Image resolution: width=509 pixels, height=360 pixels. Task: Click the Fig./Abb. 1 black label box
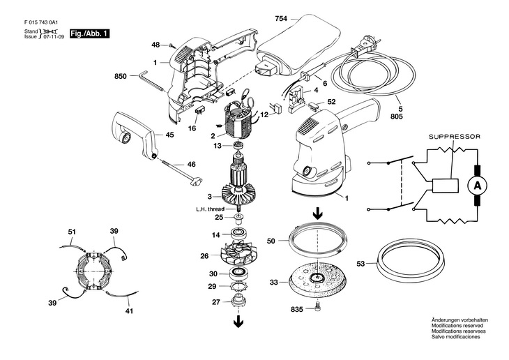[90, 33]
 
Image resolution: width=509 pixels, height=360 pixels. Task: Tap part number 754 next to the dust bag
[281, 19]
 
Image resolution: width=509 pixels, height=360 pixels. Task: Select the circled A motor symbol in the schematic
[477, 186]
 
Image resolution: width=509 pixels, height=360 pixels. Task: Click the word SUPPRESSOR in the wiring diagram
[455, 137]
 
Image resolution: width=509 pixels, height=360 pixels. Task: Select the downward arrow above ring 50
[317, 214]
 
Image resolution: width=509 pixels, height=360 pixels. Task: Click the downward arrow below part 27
[238, 321]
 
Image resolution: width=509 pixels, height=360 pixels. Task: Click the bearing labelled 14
[238, 234]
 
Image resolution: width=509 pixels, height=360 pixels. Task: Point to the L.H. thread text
[211, 209]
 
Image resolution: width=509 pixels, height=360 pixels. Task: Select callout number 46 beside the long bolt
[192, 165]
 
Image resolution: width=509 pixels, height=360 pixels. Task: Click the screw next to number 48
[170, 45]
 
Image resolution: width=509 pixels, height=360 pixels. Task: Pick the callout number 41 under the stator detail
[129, 311]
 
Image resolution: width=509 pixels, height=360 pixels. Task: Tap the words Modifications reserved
[457, 325]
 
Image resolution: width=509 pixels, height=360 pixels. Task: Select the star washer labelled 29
[238, 287]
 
